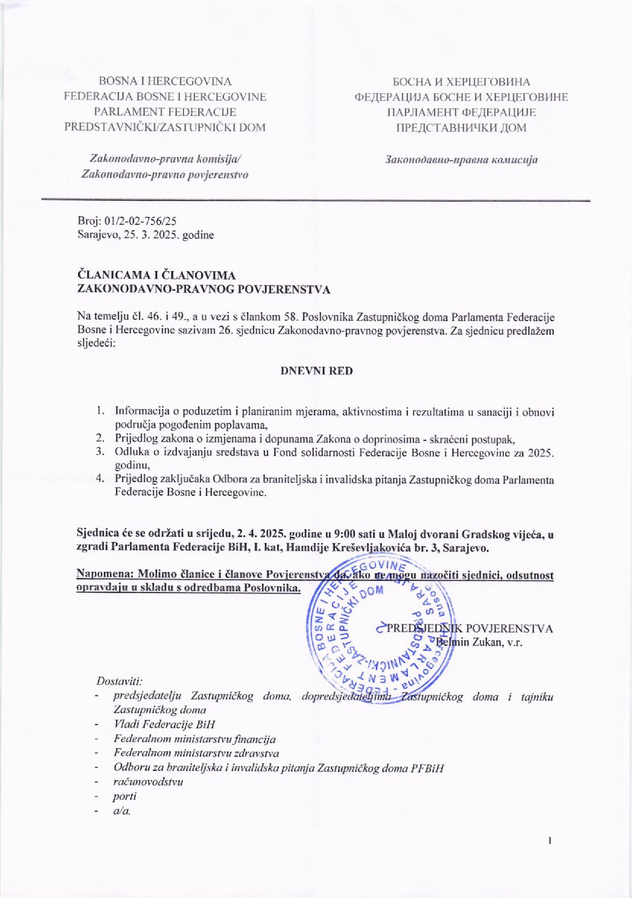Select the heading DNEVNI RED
click(317, 370)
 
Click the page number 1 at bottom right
click(549, 841)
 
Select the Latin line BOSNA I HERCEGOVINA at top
click(165, 82)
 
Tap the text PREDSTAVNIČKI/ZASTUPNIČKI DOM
click(165, 127)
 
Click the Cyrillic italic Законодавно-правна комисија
click(461, 160)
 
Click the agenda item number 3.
click(100, 452)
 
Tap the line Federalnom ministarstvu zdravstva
click(196, 753)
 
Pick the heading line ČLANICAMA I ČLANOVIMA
click(156, 276)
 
